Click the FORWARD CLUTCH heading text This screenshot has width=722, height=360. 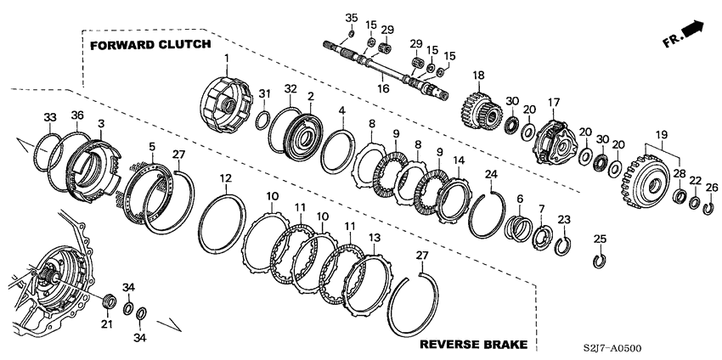click(x=146, y=44)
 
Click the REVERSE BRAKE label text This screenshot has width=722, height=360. click(x=474, y=344)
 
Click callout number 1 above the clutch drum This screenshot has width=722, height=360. click(x=227, y=58)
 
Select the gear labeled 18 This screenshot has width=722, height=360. click(x=480, y=110)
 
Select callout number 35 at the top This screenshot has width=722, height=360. click(x=352, y=18)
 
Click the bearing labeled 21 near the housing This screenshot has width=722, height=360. click(x=107, y=301)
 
